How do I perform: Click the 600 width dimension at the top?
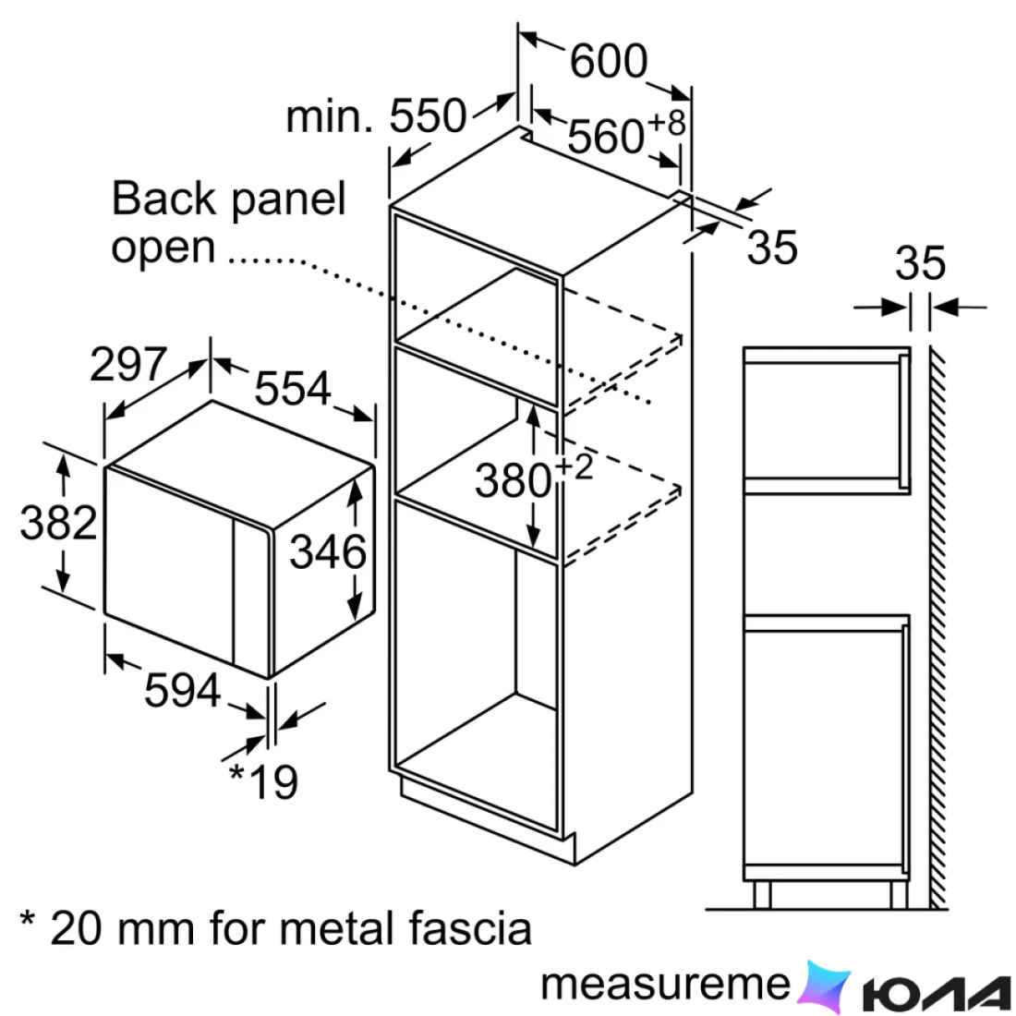pyautogui.click(x=609, y=61)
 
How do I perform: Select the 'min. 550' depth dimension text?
pyautogui.click(x=377, y=116)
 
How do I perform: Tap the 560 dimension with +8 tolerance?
pyautogui.click(x=626, y=134)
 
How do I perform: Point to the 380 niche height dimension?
pyautogui.click(x=514, y=481)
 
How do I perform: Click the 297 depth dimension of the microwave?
pyautogui.click(x=128, y=364)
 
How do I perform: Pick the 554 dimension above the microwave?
pyautogui.click(x=293, y=388)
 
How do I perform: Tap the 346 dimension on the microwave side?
pyautogui.click(x=328, y=552)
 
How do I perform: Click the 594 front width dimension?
pyautogui.click(x=183, y=690)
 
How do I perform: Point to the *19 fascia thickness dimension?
pyautogui.click(x=264, y=782)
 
